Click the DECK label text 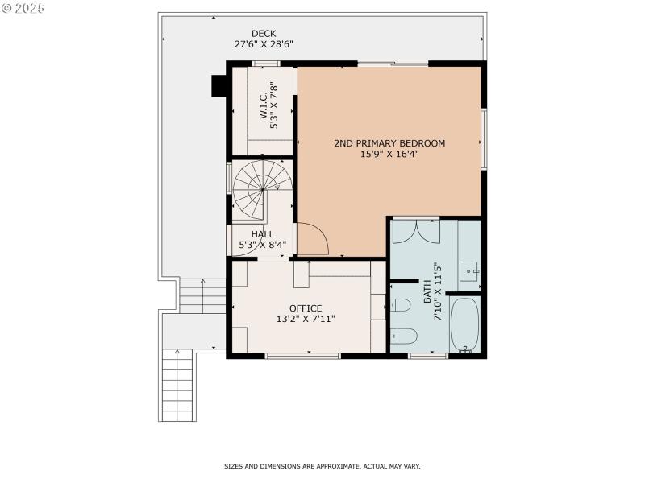coord(264,33)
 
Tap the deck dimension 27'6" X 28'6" coord(264,44)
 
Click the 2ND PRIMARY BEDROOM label coord(389,143)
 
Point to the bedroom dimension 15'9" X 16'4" coord(389,155)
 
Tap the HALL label coord(262,234)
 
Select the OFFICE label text coord(306,308)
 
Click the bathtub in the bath coord(464,325)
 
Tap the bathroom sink coord(469,271)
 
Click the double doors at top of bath coord(416,229)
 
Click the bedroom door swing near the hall coord(311,238)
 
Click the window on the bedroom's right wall coord(484,138)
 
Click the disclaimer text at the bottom coord(322,466)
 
